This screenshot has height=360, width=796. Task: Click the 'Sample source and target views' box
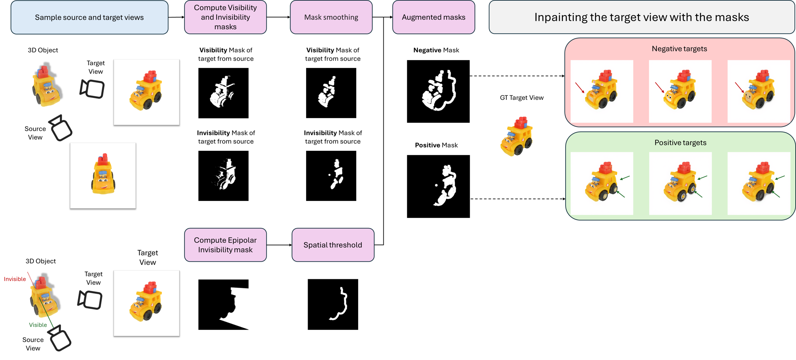[89, 17]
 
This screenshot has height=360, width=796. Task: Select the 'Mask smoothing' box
[331, 17]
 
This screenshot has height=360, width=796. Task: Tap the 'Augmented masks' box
[433, 17]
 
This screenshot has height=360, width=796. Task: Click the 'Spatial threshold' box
[333, 245]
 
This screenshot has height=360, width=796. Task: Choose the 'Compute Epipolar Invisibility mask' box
[225, 245]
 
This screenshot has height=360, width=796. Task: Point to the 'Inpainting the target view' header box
[642, 17]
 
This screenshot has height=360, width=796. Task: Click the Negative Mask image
[438, 91]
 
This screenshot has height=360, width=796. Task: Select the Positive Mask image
[438, 186]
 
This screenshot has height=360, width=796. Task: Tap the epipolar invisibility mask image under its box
[223, 304]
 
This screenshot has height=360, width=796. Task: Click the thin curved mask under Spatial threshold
[333, 304]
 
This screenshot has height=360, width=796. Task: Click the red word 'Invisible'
[15, 279]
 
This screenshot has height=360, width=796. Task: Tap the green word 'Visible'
[38, 325]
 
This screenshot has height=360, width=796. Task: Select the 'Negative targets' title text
[679, 49]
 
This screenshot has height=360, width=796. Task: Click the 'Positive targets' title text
[680, 142]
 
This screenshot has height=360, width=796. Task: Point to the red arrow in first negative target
[580, 88]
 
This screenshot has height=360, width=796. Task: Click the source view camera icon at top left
[60, 128]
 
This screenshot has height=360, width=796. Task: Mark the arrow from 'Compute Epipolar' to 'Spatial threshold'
[279, 245]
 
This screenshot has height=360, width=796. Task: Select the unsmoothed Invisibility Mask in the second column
[223, 176]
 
